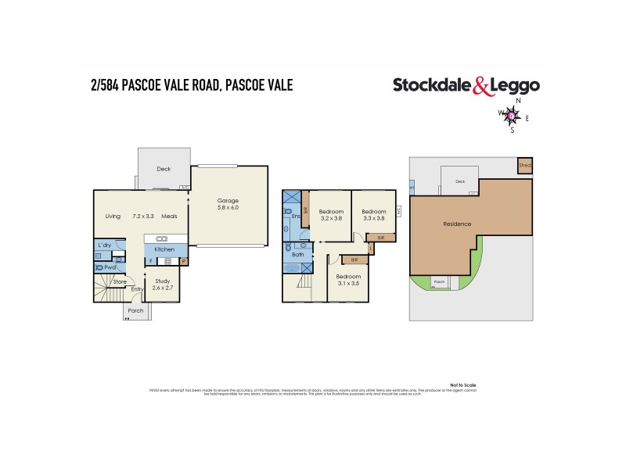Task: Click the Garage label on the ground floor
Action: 228,200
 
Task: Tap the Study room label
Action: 162,281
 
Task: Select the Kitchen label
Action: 164,249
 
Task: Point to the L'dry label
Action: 104,245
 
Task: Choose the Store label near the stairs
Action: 120,281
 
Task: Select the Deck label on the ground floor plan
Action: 164,169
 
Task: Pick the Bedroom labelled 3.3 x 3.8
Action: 374,211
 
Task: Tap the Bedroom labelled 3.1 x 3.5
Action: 349,277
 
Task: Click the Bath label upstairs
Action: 297,254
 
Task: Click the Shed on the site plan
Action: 524,166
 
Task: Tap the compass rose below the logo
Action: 513,116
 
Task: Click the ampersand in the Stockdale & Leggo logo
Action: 483,86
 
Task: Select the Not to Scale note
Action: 463,385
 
